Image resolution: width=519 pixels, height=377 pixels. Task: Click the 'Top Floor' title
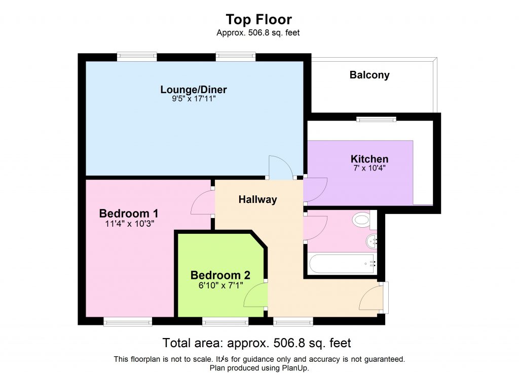[x=258, y=20]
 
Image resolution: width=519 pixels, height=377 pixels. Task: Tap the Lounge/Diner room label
[x=194, y=90]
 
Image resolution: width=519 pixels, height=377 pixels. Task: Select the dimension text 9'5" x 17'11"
[x=194, y=100]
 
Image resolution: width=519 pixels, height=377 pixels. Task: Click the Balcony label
[x=369, y=75]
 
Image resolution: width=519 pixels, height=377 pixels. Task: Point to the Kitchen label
[x=369, y=159]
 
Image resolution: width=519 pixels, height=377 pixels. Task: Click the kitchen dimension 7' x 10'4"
[x=369, y=168]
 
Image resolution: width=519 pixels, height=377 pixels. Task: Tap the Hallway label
[x=258, y=199]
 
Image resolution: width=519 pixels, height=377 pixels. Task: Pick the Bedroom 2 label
[x=220, y=275]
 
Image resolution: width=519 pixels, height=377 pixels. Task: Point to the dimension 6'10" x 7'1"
[x=220, y=285]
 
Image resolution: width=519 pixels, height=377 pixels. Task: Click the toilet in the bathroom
[x=362, y=220]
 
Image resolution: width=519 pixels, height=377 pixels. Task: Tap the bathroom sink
[x=373, y=241]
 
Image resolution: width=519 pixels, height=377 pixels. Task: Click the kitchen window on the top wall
[x=376, y=119]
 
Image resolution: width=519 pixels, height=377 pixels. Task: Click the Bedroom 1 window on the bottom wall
[x=128, y=321]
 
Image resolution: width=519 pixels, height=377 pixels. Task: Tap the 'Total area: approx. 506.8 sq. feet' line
[x=256, y=343]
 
